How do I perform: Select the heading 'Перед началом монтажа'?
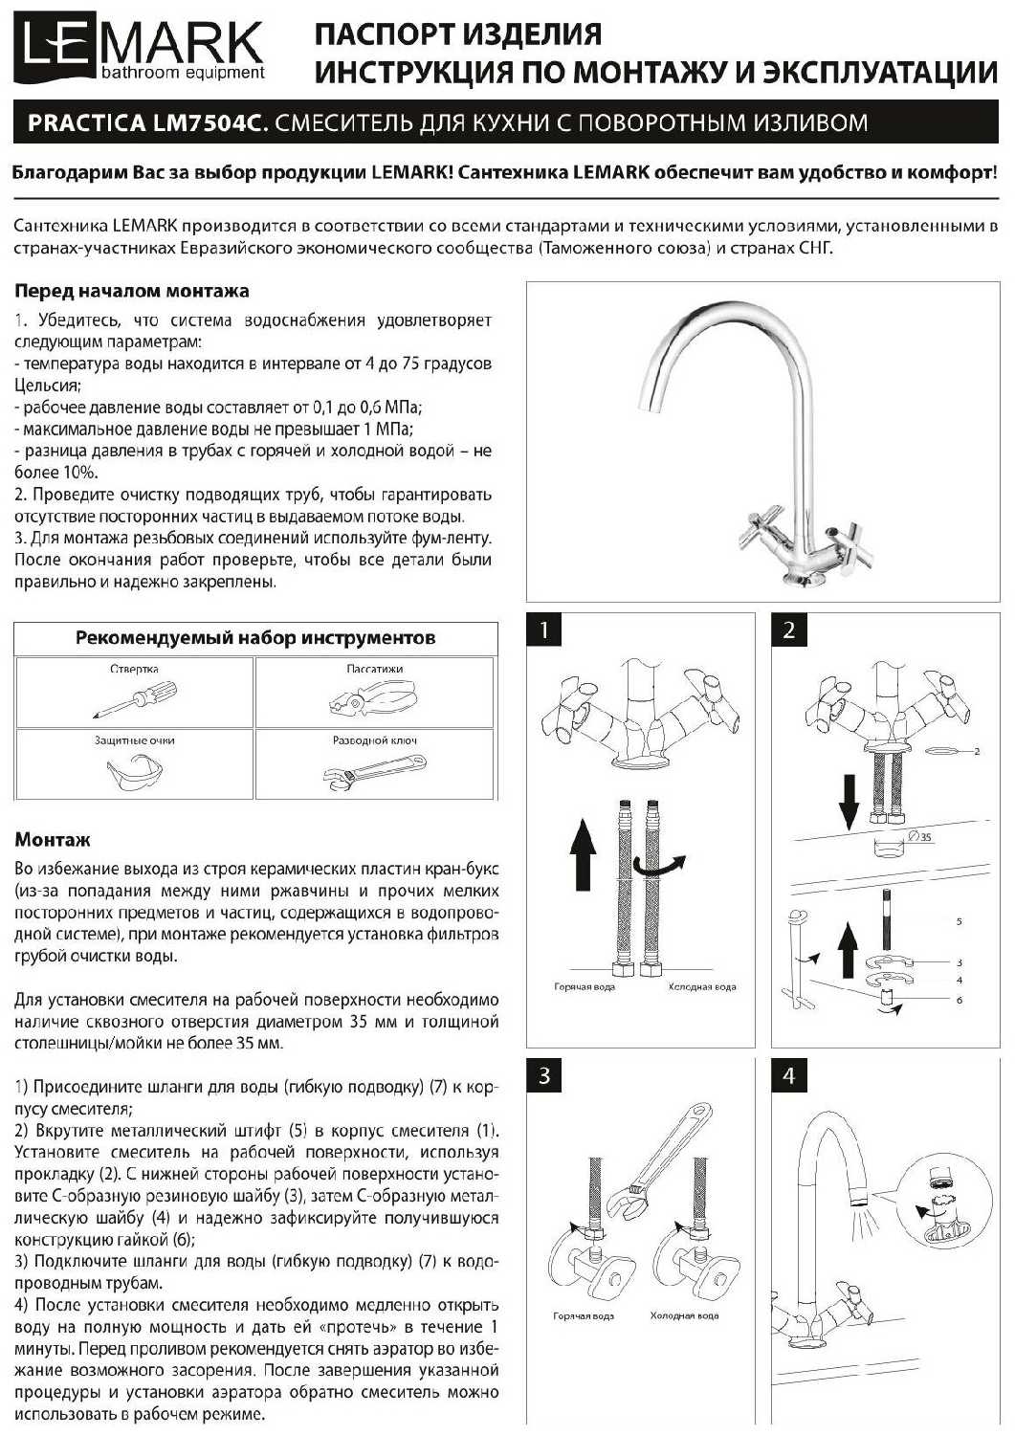[132, 291]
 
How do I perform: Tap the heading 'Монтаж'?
[53, 840]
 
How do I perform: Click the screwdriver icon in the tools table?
[135, 697]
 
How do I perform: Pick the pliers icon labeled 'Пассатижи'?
[372, 701]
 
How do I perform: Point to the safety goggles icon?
[134, 771]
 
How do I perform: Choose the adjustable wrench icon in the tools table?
[374, 770]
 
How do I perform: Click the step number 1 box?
[544, 629]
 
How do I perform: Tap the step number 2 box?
[789, 629]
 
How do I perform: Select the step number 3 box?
[544, 1075]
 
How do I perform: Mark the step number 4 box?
[789, 1075]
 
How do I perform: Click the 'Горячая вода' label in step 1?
[584, 986]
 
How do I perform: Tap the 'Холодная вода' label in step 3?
[684, 1316]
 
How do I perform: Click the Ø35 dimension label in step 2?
[920, 837]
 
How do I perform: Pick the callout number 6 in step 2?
[959, 1001]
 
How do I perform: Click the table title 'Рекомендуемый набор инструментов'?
[255, 638]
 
